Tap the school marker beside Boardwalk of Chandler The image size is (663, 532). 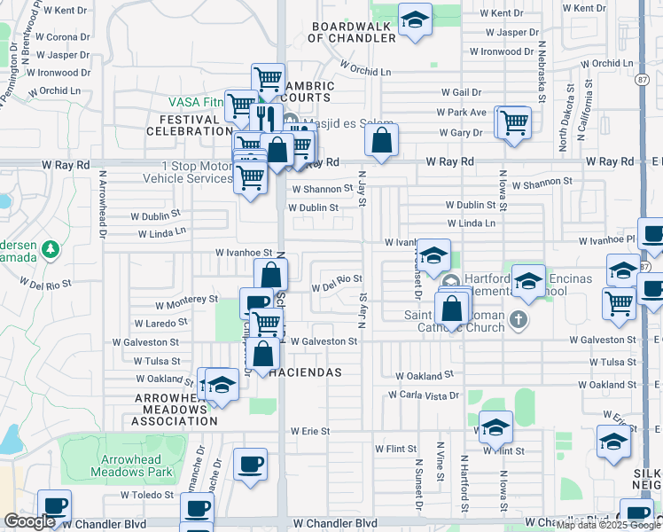414,20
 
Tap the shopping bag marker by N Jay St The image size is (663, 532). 381,140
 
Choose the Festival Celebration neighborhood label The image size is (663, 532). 195,125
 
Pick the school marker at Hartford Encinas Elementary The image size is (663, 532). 528,281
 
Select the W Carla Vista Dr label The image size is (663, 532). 424,395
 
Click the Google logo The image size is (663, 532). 29,521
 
